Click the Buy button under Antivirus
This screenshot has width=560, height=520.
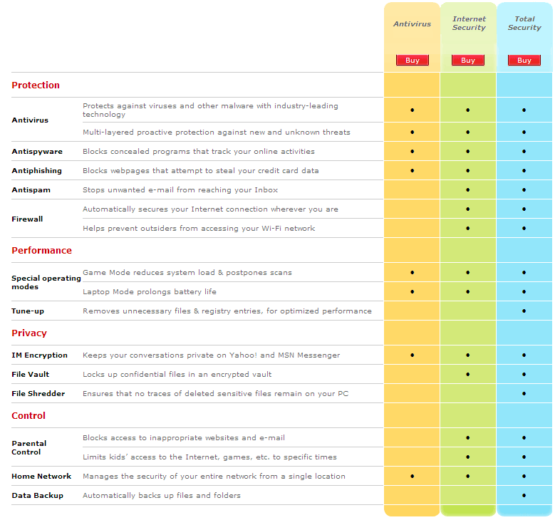(x=412, y=61)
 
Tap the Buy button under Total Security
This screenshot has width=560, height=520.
(x=524, y=61)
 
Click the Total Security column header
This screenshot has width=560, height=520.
(x=524, y=24)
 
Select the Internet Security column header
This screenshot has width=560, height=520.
(x=469, y=24)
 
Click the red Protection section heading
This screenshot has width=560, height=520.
(x=36, y=85)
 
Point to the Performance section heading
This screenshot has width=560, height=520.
(x=42, y=250)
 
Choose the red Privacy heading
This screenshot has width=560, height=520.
(x=29, y=333)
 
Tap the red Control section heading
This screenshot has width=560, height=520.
(x=28, y=416)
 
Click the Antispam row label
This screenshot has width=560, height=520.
(x=31, y=190)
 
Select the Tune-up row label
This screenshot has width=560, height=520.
(x=28, y=311)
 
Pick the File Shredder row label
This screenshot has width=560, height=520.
(x=38, y=394)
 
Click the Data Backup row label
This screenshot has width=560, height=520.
(x=38, y=495)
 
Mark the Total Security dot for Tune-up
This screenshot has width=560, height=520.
(x=524, y=311)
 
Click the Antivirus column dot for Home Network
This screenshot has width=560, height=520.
(x=412, y=476)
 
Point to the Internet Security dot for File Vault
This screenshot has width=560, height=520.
(x=468, y=374)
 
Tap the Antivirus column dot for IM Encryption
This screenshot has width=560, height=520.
(x=412, y=355)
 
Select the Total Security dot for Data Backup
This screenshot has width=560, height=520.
(x=524, y=495)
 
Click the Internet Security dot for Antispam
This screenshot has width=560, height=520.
(x=468, y=190)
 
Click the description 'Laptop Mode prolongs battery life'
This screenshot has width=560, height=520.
(x=150, y=292)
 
